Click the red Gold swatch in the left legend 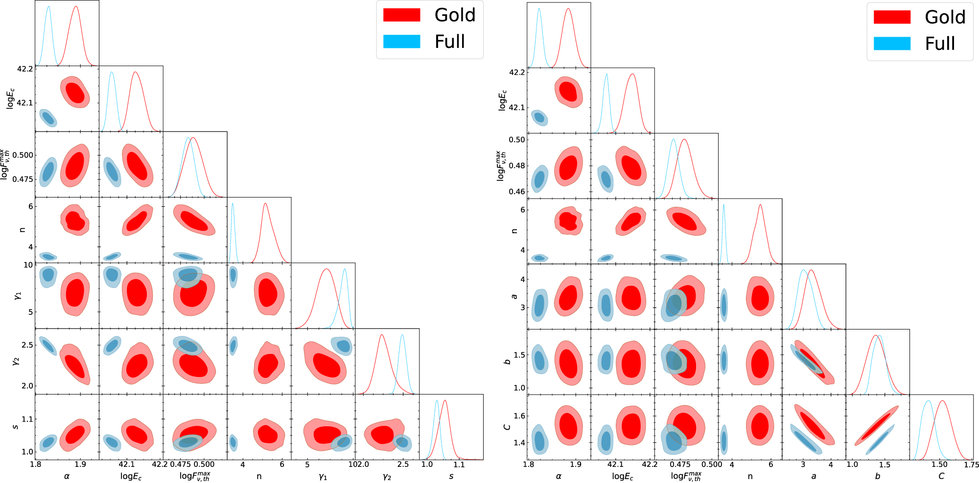click(401, 15)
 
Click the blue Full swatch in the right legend click(892, 44)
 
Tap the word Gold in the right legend click(945, 17)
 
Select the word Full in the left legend click(449, 42)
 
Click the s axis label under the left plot click(451, 476)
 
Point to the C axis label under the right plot click(941, 476)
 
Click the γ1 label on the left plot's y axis click(18, 295)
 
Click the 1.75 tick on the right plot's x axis click(971, 464)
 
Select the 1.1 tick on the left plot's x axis click(459, 464)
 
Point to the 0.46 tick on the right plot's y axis click(516, 191)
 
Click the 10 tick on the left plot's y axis click(28, 265)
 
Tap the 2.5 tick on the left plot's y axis click(27, 345)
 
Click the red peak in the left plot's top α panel click(76, 7)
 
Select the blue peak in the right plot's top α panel click(538, 9)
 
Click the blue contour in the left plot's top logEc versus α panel click(48, 118)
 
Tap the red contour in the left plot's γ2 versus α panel click(75, 365)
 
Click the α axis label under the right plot click(559, 476)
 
